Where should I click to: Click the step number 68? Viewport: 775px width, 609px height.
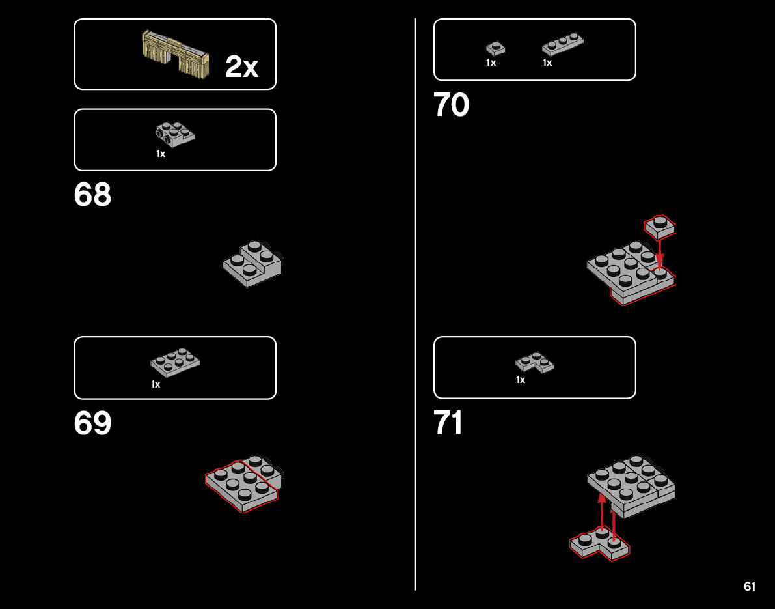point(92,195)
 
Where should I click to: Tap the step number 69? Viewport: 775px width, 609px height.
point(92,423)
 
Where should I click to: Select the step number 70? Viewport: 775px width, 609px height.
point(451,105)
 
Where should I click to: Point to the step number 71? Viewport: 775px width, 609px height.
point(448,423)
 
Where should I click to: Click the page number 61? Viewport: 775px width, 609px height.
point(750,586)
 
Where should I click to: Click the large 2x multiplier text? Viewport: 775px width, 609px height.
point(241,67)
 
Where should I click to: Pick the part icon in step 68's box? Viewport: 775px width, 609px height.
point(175,133)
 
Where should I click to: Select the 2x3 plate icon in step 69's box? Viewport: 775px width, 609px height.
point(175,361)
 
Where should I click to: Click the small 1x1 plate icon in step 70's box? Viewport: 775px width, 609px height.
point(495,48)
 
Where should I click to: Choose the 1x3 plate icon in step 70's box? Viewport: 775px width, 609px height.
point(562,44)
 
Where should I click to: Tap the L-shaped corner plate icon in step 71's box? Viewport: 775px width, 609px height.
point(535,362)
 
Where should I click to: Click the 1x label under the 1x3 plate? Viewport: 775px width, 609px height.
point(547,63)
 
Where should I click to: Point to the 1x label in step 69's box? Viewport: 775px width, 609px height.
point(156,385)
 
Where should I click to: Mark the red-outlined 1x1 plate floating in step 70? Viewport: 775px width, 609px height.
point(660,226)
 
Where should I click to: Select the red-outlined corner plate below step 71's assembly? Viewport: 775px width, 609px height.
point(599,545)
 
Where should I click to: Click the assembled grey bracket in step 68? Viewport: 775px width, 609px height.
point(252,263)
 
